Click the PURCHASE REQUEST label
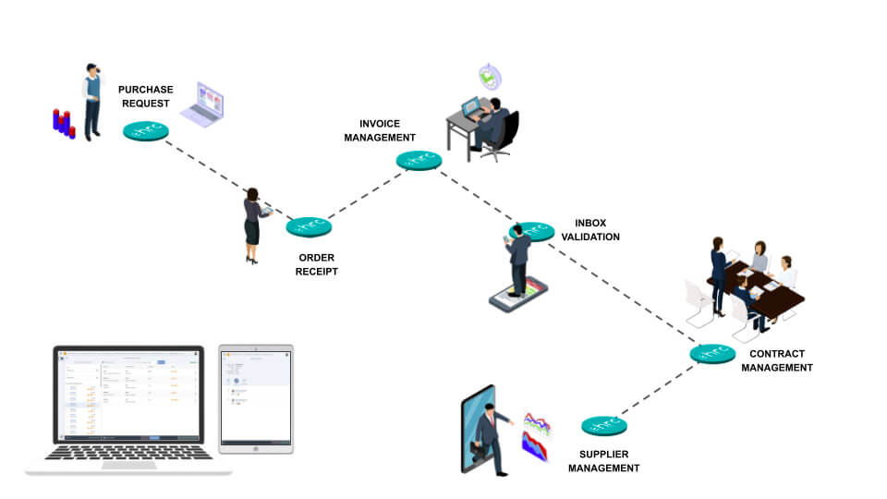[x=146, y=96]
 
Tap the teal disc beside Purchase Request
[x=146, y=131]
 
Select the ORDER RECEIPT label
[x=317, y=264]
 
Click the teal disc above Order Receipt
[x=309, y=226]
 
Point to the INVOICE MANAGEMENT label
[x=380, y=130]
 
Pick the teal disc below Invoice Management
[x=419, y=160]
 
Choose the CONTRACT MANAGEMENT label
[x=776, y=360]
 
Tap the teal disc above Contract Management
[x=712, y=353]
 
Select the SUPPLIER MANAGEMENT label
[x=603, y=461]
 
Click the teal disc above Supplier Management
[x=604, y=426]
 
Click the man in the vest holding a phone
[x=91, y=102]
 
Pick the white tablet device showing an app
[x=255, y=399]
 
